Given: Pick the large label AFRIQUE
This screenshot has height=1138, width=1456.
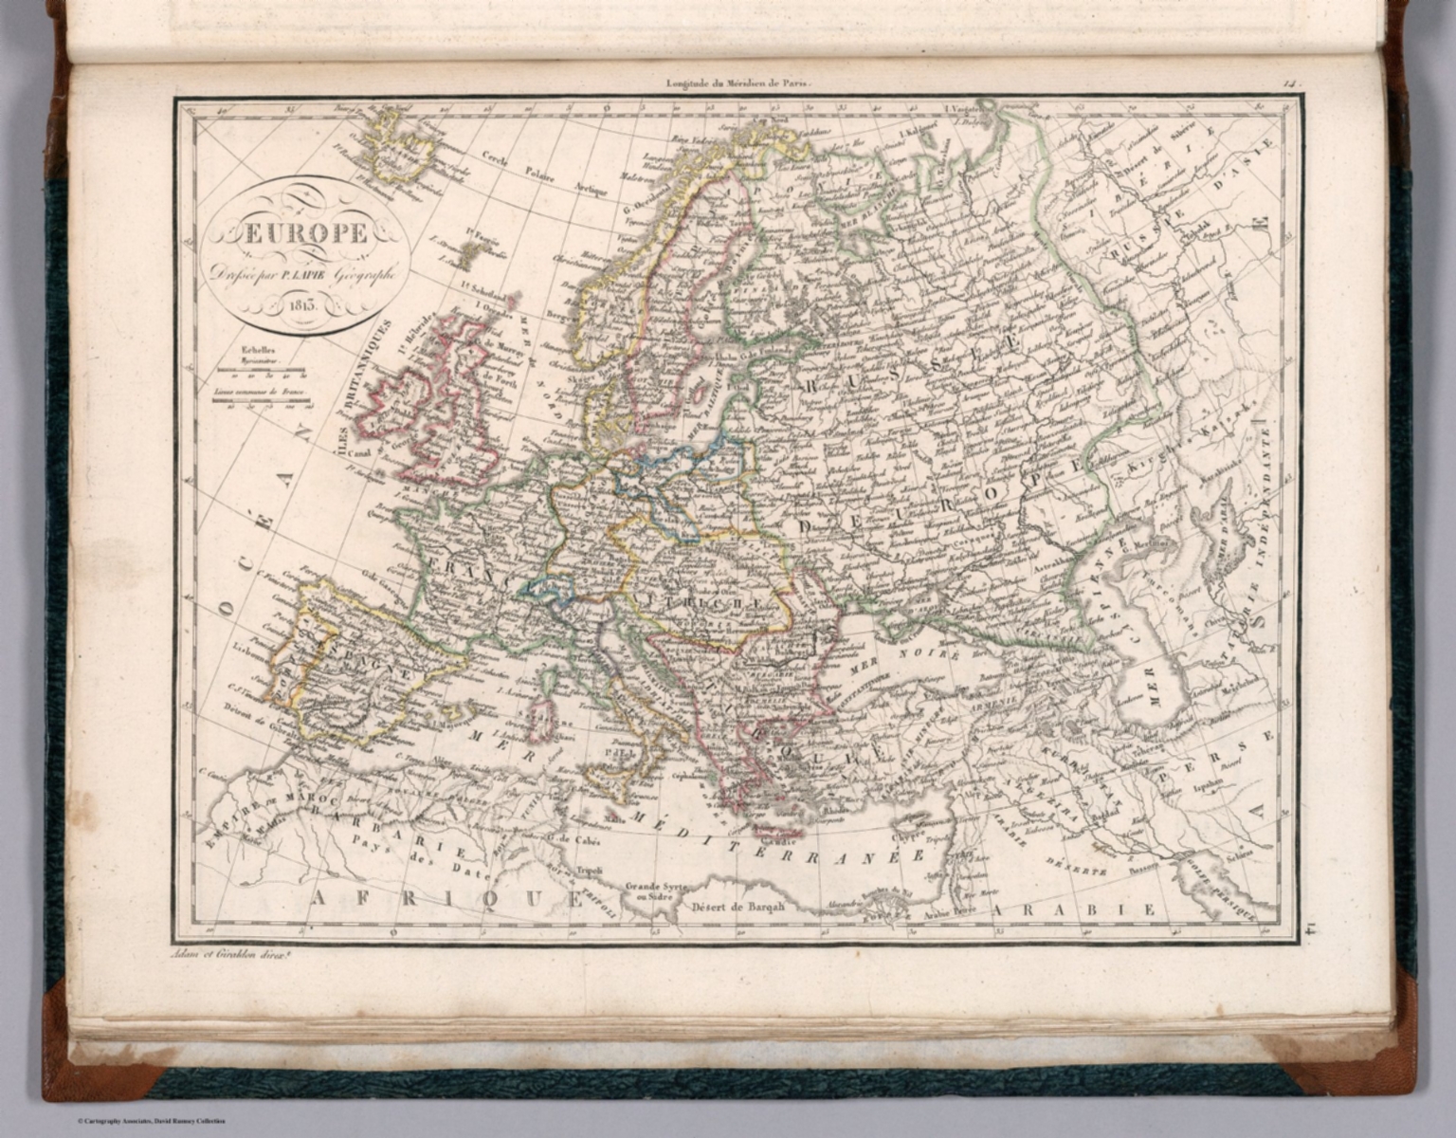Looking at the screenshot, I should (x=446, y=897).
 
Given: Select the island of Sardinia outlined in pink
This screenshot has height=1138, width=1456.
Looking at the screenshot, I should (x=543, y=718).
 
